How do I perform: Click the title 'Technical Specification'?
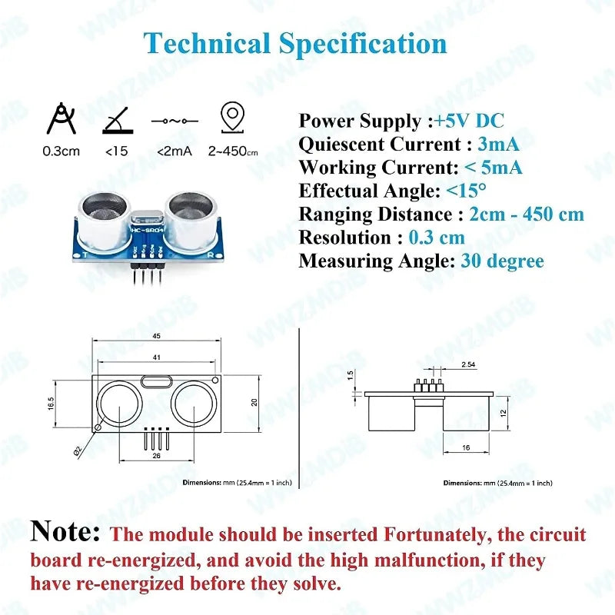click(x=296, y=43)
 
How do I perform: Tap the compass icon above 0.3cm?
click(x=61, y=119)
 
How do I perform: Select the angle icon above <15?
click(x=116, y=119)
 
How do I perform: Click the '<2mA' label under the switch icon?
click(x=174, y=151)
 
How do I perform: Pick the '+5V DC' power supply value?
click(x=469, y=121)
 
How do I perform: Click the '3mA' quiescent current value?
click(x=498, y=144)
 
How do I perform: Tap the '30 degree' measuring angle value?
click(x=502, y=261)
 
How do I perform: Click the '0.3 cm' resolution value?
click(x=437, y=238)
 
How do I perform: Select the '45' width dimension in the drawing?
click(x=156, y=335)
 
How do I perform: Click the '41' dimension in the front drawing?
click(x=156, y=357)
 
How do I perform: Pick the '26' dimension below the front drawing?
click(x=156, y=456)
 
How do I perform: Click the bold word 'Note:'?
click(x=65, y=532)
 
